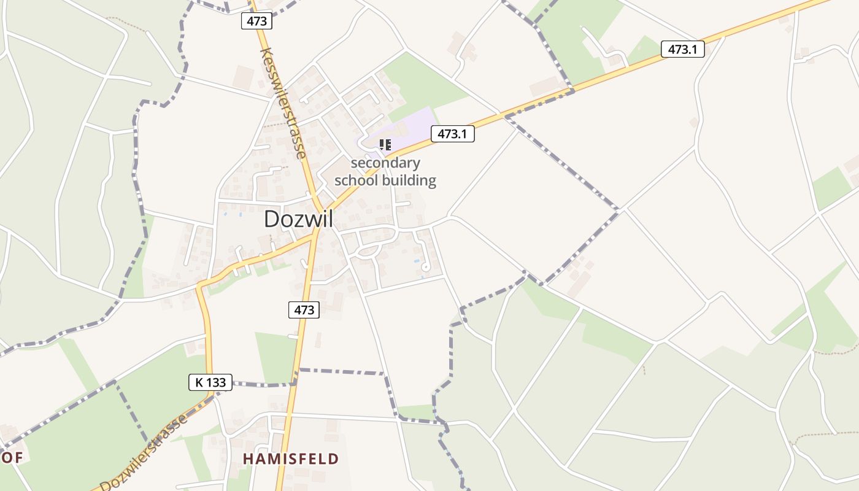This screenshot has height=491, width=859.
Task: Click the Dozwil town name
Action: coord(298,219)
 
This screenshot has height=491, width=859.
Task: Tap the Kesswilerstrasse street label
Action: coord(283,103)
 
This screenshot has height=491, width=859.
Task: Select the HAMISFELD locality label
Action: coord(290,459)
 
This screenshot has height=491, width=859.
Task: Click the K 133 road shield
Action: coord(210,383)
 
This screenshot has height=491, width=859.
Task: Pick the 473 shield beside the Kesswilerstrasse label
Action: coord(256,21)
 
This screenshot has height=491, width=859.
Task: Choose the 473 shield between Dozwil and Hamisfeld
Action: coord(304,310)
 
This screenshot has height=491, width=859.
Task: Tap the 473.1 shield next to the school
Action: coord(453,134)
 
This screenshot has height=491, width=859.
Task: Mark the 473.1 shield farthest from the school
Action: coord(682,50)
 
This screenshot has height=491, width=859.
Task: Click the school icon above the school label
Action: coord(385,145)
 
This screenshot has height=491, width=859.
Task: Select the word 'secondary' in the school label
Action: coord(385,163)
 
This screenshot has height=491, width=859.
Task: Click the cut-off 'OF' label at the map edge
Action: coord(12,458)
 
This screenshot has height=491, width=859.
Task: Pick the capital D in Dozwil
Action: coord(271,220)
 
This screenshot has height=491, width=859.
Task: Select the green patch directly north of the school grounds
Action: coord(423,83)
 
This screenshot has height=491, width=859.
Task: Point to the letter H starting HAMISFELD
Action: coord(248,459)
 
